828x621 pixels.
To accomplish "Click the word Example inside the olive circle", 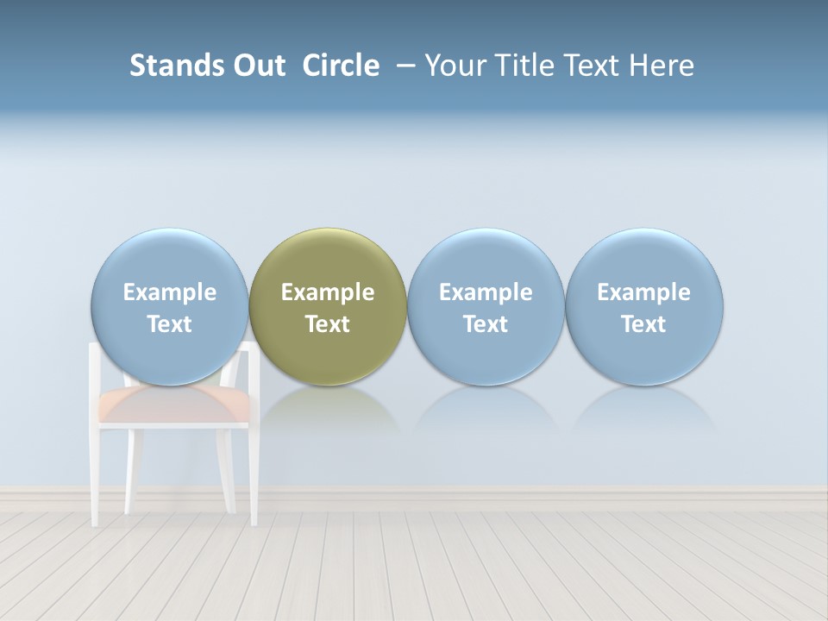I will [x=328, y=292].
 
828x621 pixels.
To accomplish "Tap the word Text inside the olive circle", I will [x=328, y=324].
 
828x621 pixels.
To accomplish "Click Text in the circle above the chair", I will [x=170, y=324].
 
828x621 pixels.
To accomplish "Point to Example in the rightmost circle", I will [x=644, y=292].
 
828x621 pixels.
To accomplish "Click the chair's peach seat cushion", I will [x=172, y=405].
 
